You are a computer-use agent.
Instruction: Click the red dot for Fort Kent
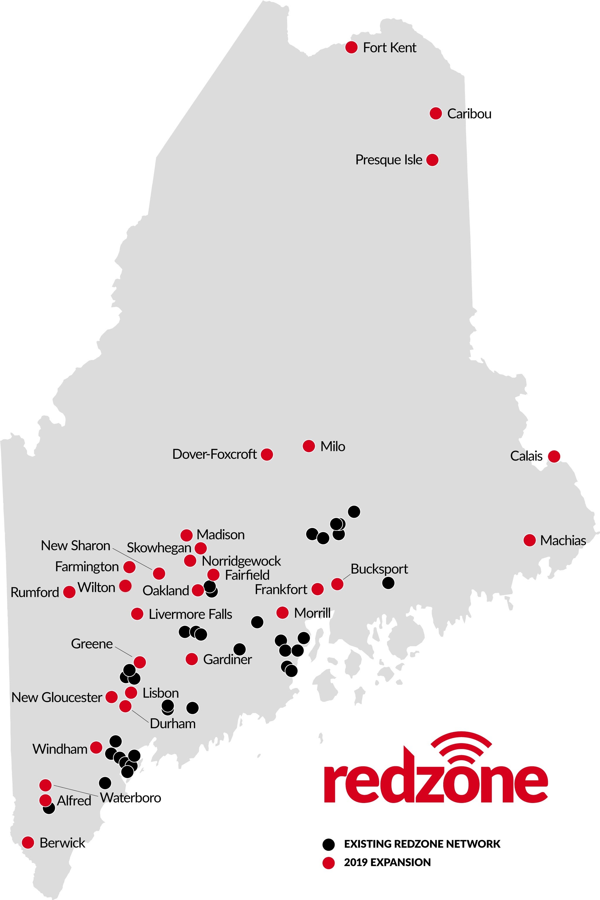coord(351,47)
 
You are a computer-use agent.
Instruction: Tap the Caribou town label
coord(469,114)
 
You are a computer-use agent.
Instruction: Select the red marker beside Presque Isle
coord(432,160)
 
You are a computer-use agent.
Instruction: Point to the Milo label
coord(333,446)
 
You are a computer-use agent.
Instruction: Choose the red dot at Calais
coord(554,456)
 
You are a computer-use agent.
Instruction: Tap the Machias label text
coord(563,541)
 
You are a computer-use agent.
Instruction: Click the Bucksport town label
coord(379,569)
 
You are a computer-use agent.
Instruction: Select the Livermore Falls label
coord(190,614)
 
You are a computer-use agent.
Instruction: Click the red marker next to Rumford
coord(69,592)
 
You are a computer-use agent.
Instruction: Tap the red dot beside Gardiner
coord(192,659)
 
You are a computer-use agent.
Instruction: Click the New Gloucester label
coord(57,697)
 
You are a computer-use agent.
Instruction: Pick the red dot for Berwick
coord(28,843)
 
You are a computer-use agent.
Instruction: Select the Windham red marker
coord(96,747)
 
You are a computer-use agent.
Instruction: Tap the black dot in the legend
coord(328,844)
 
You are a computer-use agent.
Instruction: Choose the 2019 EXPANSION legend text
coord(387,862)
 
